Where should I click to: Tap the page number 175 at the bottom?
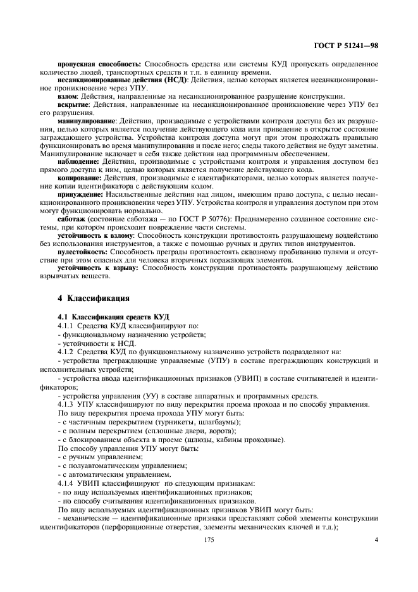coord(209,540)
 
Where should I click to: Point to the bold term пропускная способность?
coord(100,64)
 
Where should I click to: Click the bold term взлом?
coord(68,96)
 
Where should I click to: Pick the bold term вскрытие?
coord(74,104)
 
